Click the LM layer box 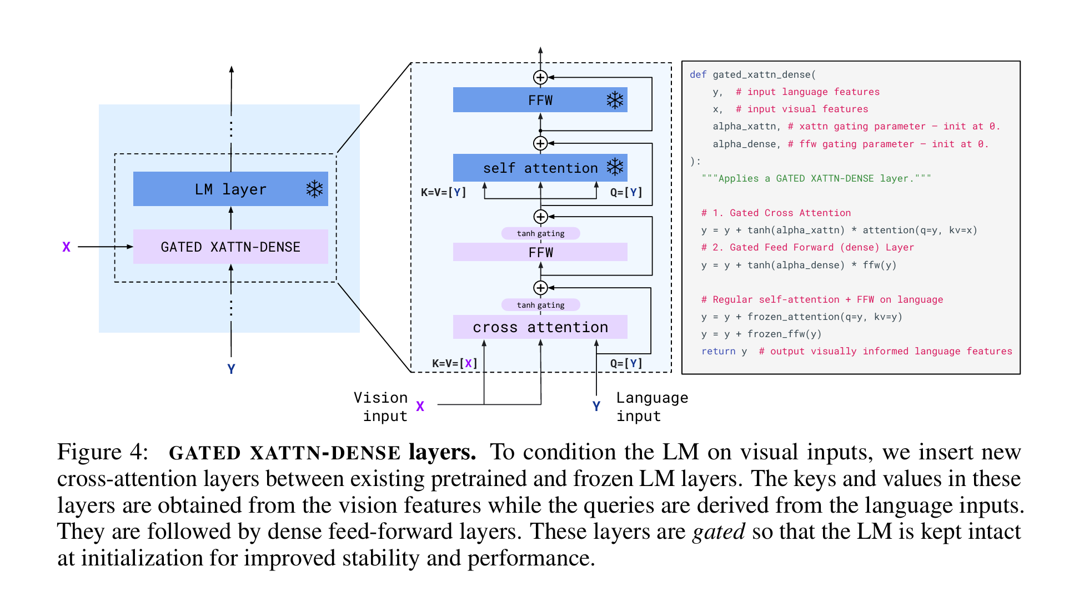click(230, 189)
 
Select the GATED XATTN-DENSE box click(230, 247)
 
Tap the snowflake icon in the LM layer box click(314, 189)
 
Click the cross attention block click(540, 327)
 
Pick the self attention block click(540, 168)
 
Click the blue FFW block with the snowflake click(540, 100)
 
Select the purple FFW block click(540, 252)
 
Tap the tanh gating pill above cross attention click(540, 305)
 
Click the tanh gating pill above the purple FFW click(540, 233)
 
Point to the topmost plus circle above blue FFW click(540, 77)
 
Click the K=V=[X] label click(455, 363)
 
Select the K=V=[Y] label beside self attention click(443, 192)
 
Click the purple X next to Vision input click(420, 407)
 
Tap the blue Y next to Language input click(596, 407)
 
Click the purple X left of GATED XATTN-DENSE click(66, 247)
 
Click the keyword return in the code click(718, 351)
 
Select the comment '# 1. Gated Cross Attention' click(775, 213)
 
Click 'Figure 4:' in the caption click(103, 452)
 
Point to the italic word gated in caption click(719, 532)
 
